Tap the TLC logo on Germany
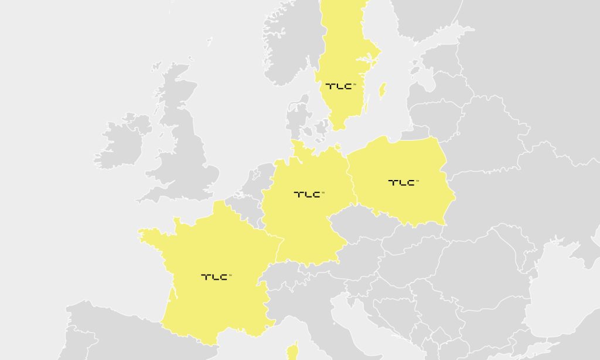(x=308, y=194)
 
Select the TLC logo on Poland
(x=403, y=182)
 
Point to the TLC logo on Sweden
(x=340, y=86)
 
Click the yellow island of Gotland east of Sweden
(x=383, y=90)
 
